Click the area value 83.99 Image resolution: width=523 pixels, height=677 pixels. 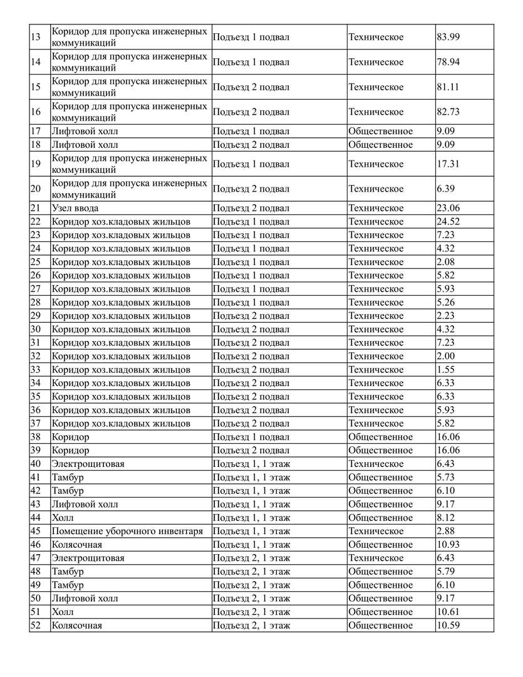click(x=448, y=37)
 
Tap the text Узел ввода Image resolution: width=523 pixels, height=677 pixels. click(x=75, y=208)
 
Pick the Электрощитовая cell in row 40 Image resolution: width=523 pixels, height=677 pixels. click(x=88, y=464)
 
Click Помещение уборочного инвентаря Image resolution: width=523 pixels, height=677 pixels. click(x=127, y=531)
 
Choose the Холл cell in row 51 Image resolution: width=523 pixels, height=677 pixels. click(x=63, y=612)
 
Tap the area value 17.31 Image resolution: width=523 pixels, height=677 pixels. click(x=448, y=164)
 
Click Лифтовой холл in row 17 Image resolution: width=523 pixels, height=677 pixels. click(x=85, y=132)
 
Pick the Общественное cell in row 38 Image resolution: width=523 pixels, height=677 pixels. click(x=380, y=437)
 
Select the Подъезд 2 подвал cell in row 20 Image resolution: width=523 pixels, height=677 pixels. click(x=251, y=189)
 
